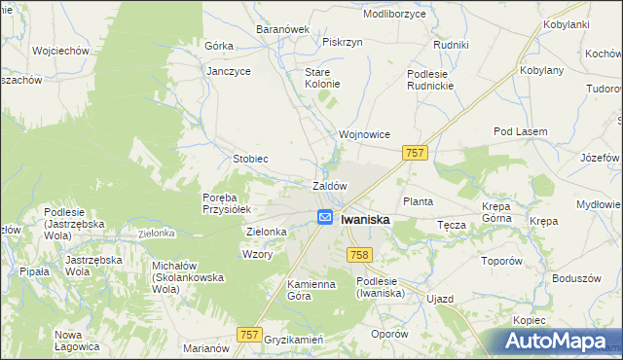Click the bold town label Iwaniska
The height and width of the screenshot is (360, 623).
[366, 220]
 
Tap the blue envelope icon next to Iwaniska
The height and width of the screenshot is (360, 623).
[325, 218]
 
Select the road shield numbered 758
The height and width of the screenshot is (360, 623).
[358, 254]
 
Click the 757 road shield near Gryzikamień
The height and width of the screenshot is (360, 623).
[249, 335]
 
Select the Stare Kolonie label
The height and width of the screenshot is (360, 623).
[322, 78]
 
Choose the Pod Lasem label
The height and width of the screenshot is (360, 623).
[521, 131]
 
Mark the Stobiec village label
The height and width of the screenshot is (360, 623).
[250, 158]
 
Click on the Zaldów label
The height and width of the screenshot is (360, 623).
[329, 185]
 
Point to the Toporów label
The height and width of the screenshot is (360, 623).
[503, 262]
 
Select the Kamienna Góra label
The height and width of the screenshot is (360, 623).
[284, 289]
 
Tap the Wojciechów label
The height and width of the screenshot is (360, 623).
[60, 50]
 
